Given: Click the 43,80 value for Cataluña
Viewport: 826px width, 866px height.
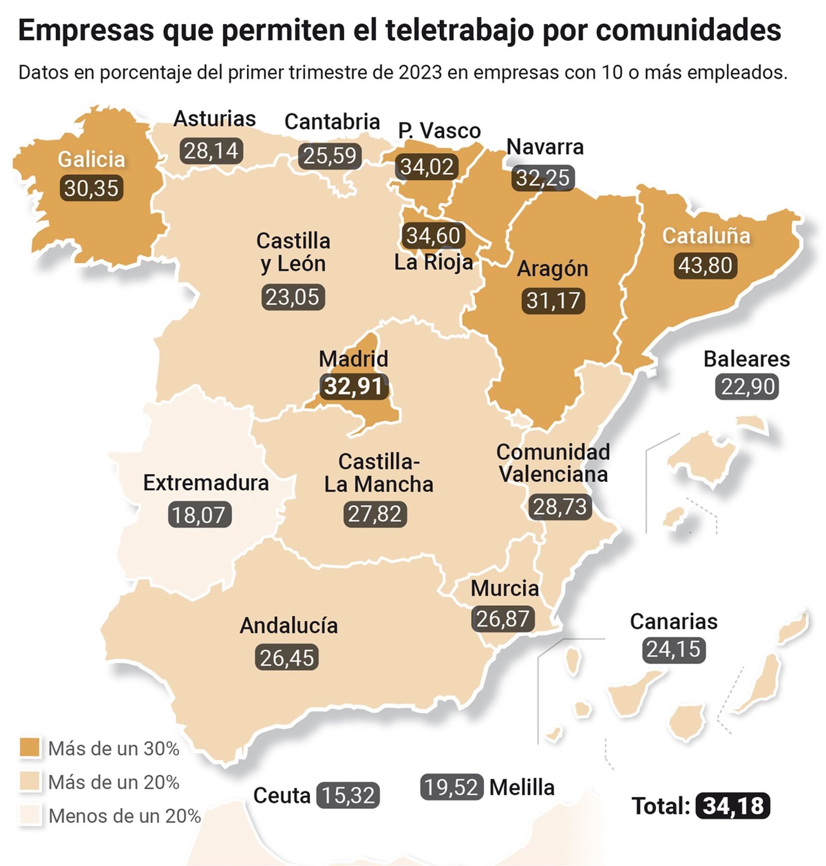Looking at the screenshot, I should [x=705, y=265].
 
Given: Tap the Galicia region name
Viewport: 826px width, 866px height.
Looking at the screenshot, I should [x=91, y=159].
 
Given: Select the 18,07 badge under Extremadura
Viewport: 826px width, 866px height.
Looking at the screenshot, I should [x=199, y=515].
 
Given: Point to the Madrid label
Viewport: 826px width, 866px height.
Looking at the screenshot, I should [x=353, y=358].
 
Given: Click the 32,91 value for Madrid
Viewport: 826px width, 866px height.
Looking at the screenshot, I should [x=354, y=386].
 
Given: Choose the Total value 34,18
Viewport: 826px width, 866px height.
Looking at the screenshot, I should [x=733, y=806].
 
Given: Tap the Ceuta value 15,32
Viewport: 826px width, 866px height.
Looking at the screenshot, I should [x=348, y=795].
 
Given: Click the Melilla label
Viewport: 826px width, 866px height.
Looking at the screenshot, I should [x=521, y=788].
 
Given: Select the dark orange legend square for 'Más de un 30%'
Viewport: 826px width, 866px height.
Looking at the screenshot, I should [x=29, y=748].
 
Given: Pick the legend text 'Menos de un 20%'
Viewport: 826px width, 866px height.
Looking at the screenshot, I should [x=124, y=816].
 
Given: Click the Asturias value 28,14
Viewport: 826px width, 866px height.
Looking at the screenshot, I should [x=211, y=151].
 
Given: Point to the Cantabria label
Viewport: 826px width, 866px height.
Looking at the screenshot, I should [x=332, y=122].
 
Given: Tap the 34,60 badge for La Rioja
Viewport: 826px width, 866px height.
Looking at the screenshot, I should [x=433, y=235].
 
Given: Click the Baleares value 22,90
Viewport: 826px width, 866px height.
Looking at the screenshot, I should [x=748, y=386].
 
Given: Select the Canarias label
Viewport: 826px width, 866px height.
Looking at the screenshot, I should [x=673, y=621].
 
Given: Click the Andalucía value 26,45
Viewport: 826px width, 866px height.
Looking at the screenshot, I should [x=287, y=658].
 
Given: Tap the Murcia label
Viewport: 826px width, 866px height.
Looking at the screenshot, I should [x=504, y=588].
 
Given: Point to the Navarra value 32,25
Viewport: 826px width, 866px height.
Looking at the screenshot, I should [x=543, y=178].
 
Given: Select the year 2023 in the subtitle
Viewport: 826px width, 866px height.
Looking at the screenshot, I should [x=420, y=72].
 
